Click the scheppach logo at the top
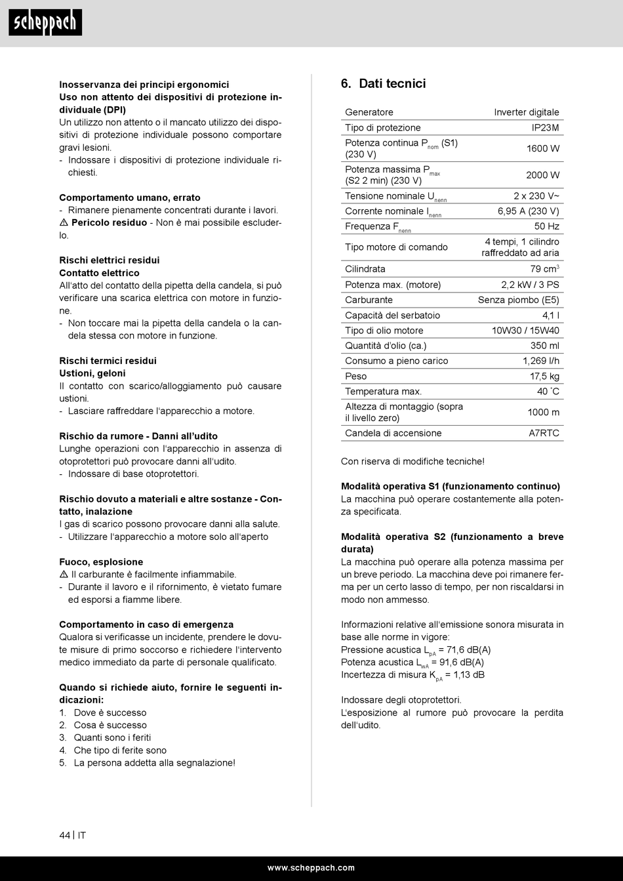[45, 23]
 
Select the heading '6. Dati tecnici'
[384, 83]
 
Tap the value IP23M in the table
[545, 128]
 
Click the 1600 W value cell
[542, 149]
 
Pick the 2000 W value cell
[542, 175]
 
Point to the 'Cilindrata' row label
[365, 269]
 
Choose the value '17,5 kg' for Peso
[544, 377]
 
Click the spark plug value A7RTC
[544, 434]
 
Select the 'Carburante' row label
[369, 300]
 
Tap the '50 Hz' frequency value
[546, 227]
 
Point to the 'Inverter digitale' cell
[527, 113]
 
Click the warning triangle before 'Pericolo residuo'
[64, 223]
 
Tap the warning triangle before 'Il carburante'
[64, 575]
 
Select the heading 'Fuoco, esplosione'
[101, 562]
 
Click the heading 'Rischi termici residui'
[108, 361]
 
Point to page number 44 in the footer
[64, 835]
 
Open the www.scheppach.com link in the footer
[311, 868]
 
